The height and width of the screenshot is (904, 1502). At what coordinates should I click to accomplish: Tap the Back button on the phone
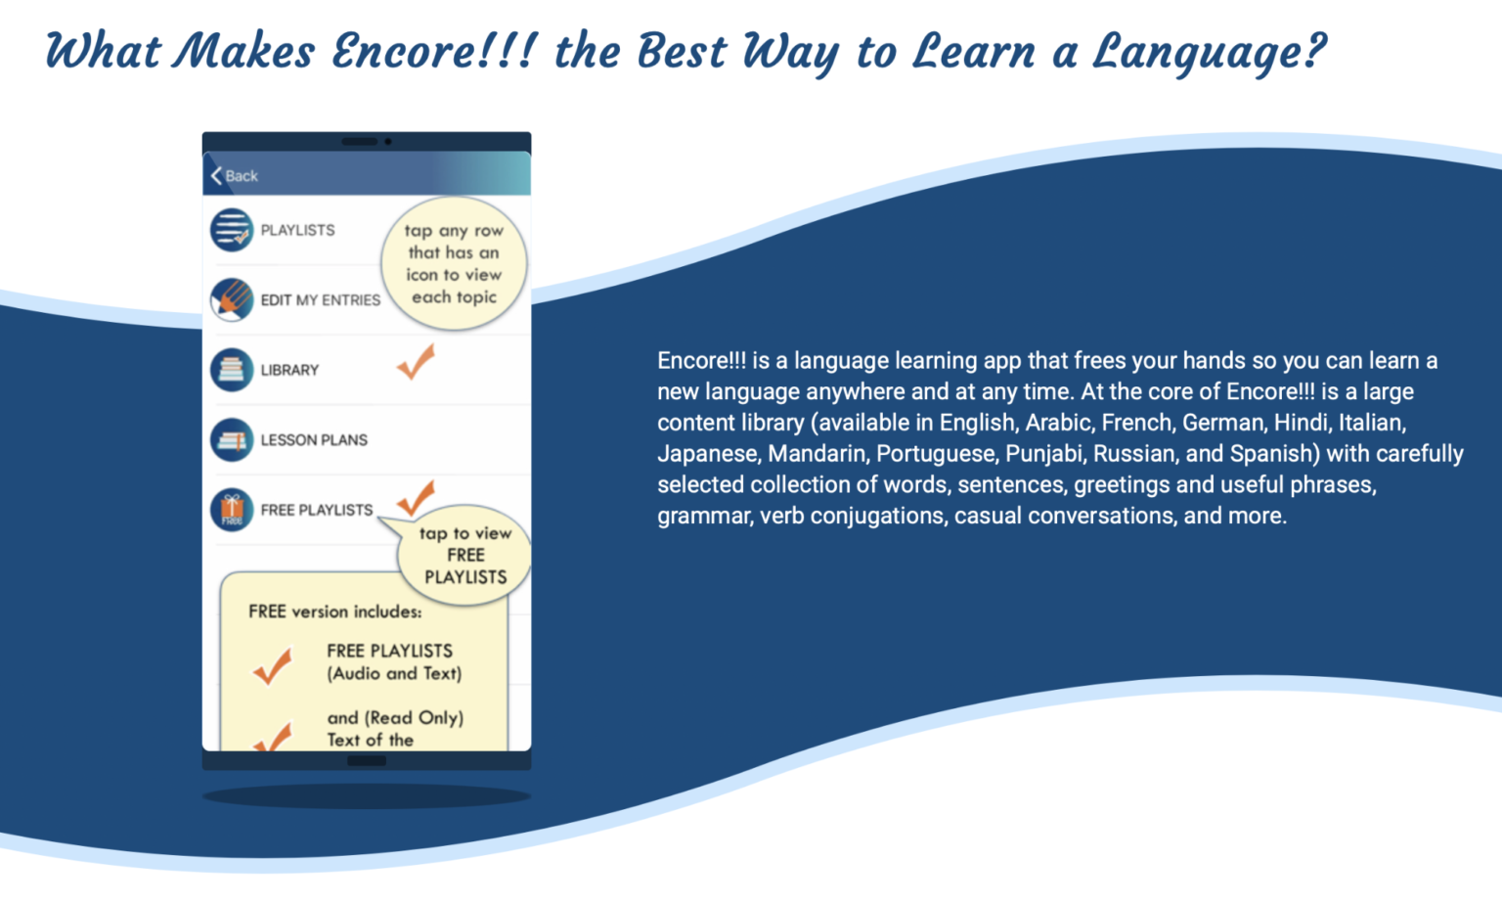(x=235, y=176)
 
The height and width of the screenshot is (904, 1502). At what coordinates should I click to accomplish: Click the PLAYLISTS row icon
(x=232, y=230)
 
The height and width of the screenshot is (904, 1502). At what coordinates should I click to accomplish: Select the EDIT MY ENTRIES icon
(x=232, y=300)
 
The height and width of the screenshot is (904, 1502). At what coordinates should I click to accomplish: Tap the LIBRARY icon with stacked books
(x=232, y=370)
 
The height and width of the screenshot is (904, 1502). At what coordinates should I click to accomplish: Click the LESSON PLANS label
(x=314, y=440)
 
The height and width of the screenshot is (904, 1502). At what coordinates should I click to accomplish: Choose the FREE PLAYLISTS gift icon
(x=232, y=510)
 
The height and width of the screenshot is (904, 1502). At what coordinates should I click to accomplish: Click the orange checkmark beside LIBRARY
(x=416, y=362)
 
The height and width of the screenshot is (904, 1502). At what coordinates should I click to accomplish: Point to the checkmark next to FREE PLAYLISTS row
(x=416, y=498)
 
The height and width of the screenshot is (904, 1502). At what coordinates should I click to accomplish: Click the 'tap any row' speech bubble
(x=454, y=263)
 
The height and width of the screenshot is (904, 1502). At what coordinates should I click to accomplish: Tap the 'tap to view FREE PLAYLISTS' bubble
(x=465, y=556)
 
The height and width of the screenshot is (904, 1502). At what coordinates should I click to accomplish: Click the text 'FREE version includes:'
(x=334, y=611)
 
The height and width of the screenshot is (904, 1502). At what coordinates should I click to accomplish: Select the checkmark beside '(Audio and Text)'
(x=273, y=666)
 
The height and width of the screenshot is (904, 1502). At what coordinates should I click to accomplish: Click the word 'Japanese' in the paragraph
(x=709, y=454)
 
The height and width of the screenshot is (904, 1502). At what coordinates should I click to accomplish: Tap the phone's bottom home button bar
(x=367, y=760)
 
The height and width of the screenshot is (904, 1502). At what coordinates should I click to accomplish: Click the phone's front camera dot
(x=388, y=142)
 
